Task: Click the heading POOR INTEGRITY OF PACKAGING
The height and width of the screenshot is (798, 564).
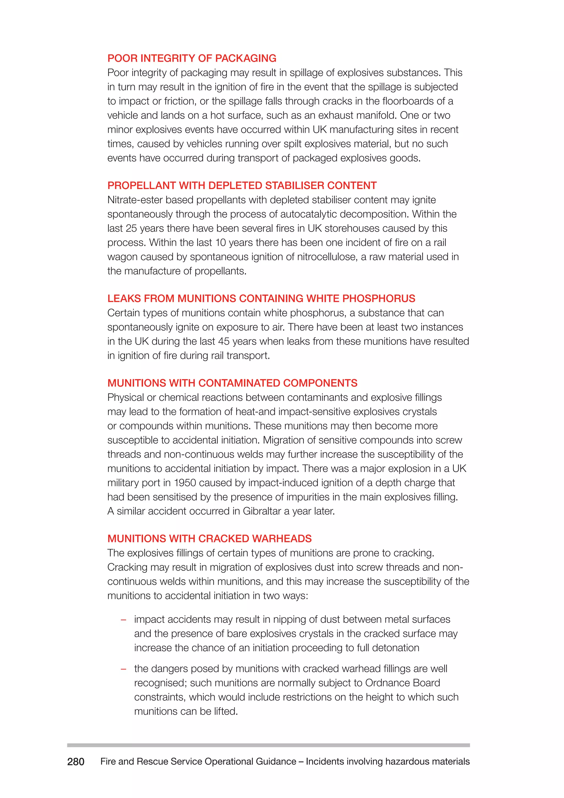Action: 192,58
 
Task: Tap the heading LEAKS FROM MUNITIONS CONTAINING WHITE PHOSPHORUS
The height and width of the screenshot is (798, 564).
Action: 261,298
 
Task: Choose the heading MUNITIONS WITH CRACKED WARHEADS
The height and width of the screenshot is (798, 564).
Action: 209,538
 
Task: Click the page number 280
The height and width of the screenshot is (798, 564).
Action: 76,762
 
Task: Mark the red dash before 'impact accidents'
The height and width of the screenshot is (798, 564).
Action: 123,620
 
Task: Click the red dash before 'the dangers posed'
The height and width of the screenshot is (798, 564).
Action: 123,669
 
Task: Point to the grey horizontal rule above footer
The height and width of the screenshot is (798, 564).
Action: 268,745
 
